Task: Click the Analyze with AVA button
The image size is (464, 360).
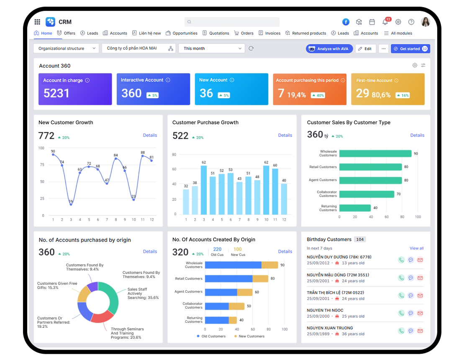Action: click(329, 49)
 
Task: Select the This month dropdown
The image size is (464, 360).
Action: click(211, 49)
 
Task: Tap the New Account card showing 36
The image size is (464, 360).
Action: click(231, 89)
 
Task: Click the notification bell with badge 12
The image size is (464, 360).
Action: click(385, 22)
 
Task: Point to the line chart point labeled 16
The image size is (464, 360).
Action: click(71, 204)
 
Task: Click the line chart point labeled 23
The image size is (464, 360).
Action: click(134, 199)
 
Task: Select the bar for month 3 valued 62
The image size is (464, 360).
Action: click(204, 190)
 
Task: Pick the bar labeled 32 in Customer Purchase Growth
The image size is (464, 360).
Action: click(186, 202)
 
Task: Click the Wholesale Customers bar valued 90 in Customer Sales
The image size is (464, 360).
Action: click(375, 153)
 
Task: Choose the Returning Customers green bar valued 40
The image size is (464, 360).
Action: click(355, 208)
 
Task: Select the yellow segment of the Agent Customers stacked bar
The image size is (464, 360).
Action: click(245, 292)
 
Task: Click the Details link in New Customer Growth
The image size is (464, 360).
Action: click(150, 135)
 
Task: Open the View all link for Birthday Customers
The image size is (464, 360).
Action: click(416, 248)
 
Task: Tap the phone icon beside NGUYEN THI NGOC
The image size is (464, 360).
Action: click(401, 313)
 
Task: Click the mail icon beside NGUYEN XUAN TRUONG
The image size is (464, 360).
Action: click(420, 331)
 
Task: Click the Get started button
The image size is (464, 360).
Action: click(410, 49)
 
